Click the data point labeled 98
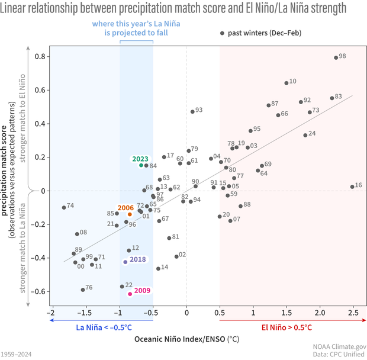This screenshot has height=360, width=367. point(336,57)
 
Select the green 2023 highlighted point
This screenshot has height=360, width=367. point(141,165)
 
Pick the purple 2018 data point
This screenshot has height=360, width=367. point(125,262)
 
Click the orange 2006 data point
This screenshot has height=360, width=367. point(130,214)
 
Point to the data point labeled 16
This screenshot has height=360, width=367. point(352,187)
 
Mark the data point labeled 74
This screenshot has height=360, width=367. point(64,207)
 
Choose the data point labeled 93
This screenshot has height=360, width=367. point(192,111)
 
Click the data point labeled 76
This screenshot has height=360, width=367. point(83,290)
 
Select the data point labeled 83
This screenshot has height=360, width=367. point(332,98)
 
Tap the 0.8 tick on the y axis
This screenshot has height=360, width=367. point(40,57)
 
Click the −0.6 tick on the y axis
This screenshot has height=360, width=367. point(38,291)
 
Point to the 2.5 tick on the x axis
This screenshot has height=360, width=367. point(353,313)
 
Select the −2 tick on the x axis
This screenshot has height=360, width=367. point(52,313)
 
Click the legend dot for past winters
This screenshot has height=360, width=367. point(223,33)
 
